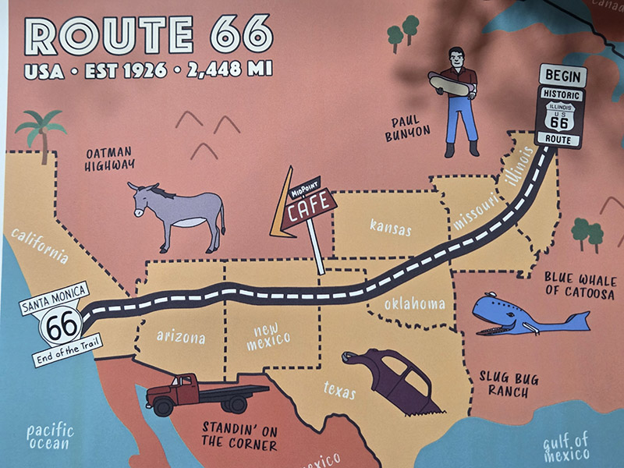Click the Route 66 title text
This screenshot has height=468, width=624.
[149, 34]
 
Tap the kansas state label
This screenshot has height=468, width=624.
[390, 228]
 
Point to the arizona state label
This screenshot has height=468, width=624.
[181, 337]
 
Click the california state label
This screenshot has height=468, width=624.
[40, 244]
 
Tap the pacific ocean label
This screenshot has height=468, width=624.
[49, 437]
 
